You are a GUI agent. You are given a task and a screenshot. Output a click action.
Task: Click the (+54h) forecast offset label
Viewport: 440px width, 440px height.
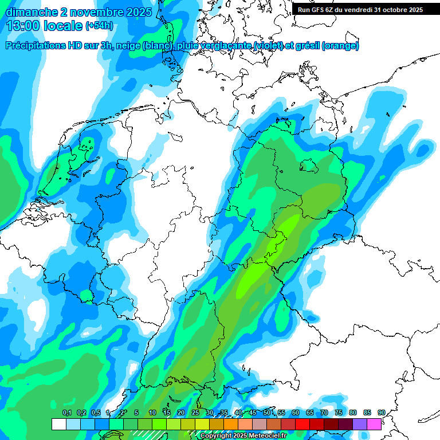click(99, 26)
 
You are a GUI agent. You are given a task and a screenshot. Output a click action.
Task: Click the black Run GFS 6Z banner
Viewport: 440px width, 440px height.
click(360, 9)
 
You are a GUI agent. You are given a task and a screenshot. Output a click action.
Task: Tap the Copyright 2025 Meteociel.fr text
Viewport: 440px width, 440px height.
click(242, 436)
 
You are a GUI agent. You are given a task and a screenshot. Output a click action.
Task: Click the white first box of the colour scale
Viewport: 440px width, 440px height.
click(58, 424)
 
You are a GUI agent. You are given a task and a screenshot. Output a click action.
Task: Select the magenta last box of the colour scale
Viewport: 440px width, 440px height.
click(374, 424)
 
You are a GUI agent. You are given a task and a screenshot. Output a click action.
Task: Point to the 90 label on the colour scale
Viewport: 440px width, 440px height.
click(381, 412)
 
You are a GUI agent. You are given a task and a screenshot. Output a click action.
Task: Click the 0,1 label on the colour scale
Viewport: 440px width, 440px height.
click(67, 412)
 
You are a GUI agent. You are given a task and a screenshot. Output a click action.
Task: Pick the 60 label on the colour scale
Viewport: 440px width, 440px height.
click(295, 412)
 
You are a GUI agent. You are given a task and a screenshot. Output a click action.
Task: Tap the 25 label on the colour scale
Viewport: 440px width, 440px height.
click(195, 412)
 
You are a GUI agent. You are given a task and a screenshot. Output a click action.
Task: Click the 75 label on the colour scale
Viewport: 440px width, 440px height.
click(338, 412)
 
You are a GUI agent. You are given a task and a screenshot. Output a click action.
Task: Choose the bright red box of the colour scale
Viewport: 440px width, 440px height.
click(302, 424)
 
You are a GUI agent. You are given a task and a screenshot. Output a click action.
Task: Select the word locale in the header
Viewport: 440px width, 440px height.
click(62, 25)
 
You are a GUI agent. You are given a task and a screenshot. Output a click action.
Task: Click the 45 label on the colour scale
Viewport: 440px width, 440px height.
click(252, 412)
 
